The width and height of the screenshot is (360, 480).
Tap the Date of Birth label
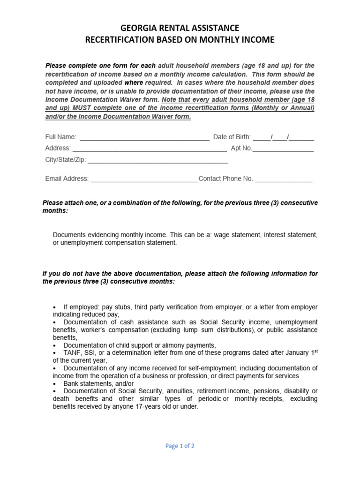[x=232, y=137]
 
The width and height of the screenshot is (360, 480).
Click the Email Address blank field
[x=144, y=180]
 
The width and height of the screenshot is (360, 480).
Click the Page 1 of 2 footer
[x=180, y=446]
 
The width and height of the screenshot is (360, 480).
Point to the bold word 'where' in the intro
[x=134, y=82]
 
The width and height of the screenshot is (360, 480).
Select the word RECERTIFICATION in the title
[x=120, y=40]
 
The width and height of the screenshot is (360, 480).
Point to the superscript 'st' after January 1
[x=315, y=350]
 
